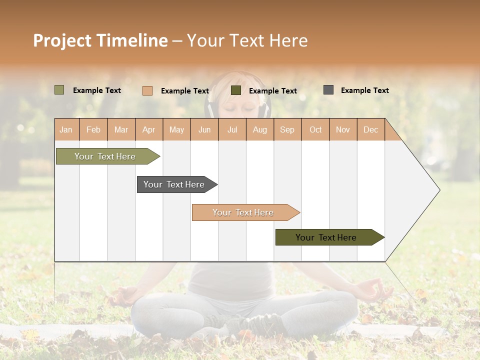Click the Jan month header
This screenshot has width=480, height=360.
pyautogui.click(x=66, y=129)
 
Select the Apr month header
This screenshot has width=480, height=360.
pyautogui.click(x=149, y=129)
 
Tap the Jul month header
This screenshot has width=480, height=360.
pyautogui.click(x=232, y=129)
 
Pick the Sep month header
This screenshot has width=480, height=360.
pyautogui.click(x=287, y=129)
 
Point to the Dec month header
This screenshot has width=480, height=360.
pyautogui.click(x=370, y=129)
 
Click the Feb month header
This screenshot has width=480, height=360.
pyautogui.click(x=93, y=129)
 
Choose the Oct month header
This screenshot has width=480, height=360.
pyautogui.click(x=315, y=129)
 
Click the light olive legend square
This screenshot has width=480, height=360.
pyautogui.click(x=59, y=90)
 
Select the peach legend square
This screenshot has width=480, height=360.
pyautogui.click(x=147, y=90)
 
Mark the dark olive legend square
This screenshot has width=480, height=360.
pyautogui.click(x=236, y=90)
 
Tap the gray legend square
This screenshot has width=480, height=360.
pyautogui.click(x=328, y=90)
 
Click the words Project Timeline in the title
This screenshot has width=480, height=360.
pyautogui.click(x=100, y=40)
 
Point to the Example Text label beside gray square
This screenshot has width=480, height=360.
pyautogui.click(x=364, y=90)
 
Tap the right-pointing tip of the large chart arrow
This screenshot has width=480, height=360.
pyautogui.click(x=438, y=190)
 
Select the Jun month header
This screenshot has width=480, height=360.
pyautogui.click(x=204, y=129)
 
